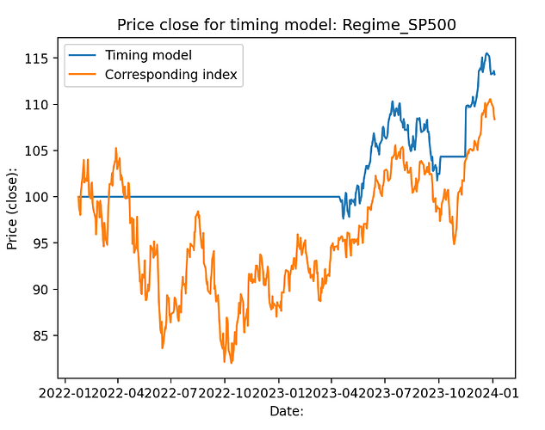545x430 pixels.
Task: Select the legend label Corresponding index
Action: (x=170, y=75)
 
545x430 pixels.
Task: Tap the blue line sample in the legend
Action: (x=84, y=55)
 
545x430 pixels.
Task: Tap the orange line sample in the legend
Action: (x=84, y=75)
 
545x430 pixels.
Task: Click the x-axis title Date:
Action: (x=287, y=412)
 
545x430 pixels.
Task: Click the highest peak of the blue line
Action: (x=486, y=53)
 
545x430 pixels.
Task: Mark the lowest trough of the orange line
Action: (x=232, y=363)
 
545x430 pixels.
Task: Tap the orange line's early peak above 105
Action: (x=116, y=148)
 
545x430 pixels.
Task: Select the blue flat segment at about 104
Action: (x=452, y=157)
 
